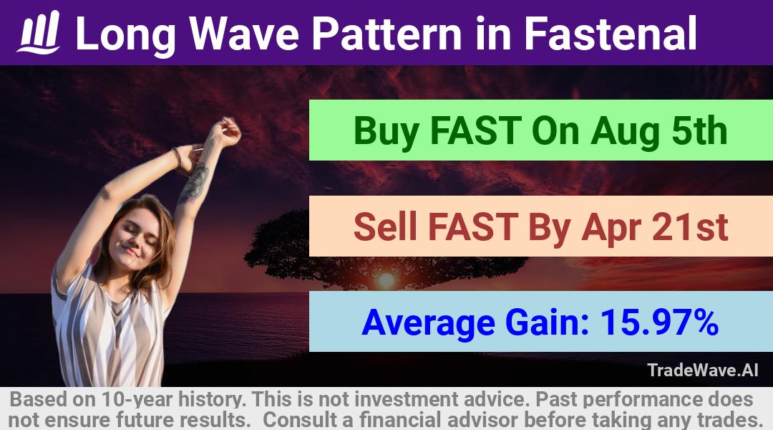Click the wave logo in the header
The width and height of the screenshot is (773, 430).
click(x=39, y=32)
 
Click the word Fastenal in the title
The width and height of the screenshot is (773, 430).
click(x=611, y=34)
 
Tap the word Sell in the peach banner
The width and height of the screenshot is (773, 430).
click(x=386, y=226)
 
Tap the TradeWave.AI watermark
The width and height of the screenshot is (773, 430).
click(x=703, y=370)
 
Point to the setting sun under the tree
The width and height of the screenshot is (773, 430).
click(x=386, y=280)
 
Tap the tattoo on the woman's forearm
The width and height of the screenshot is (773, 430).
click(x=194, y=182)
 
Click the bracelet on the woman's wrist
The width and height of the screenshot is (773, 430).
click(x=177, y=158)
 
